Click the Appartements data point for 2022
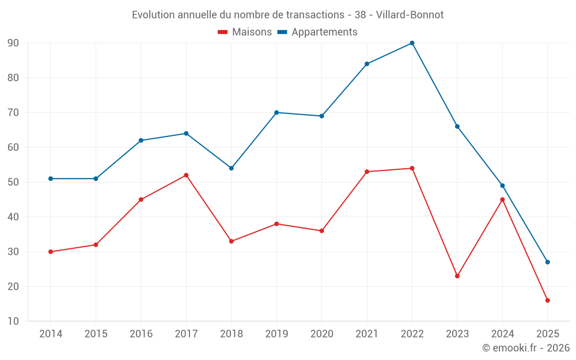[412, 43]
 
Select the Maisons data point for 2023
[457, 276]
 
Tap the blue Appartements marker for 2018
[231, 168]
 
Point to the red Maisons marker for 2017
[186, 175]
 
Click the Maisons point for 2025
[547, 300]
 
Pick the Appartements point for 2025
[547, 262]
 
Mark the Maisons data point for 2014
[51, 252]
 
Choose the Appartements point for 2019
[276, 112]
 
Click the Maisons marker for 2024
[502, 199]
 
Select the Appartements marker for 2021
[367, 64]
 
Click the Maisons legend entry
[245, 32]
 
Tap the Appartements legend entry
[317, 32]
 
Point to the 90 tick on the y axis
[13, 43]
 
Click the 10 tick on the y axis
[13, 321]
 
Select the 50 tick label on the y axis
[13, 182]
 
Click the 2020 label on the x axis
[321, 334]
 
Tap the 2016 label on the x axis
[141, 334]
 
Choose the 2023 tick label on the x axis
[457, 334]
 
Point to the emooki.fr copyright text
[525, 348]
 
